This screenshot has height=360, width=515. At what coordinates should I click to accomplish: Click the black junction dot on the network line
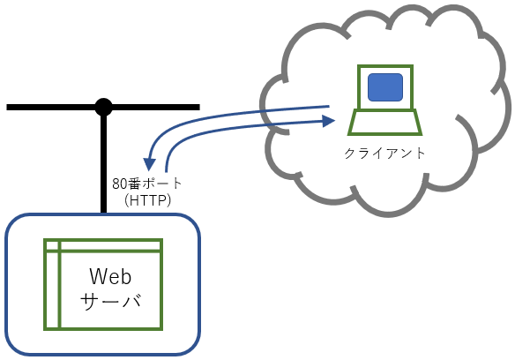coord(103,107)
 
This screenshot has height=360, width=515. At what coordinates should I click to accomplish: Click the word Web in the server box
coord(110,276)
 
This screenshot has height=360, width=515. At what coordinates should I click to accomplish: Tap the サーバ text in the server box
coord(111,302)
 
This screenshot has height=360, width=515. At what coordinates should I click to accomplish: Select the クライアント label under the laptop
coord(384,154)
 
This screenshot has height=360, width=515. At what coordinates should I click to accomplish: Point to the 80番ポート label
coord(146,184)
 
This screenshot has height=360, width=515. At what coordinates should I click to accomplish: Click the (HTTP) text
coord(148,200)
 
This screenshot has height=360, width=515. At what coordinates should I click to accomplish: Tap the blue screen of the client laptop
coord(385,87)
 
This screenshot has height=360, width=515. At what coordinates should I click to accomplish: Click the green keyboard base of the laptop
coord(385,123)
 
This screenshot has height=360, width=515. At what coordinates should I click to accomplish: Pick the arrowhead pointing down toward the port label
coord(149,164)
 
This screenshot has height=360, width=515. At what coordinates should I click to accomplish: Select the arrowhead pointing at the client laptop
coord(328,121)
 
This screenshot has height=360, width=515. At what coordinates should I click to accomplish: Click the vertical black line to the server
coord(103,161)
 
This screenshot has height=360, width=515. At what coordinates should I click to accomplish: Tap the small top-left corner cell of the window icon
coord(52,245)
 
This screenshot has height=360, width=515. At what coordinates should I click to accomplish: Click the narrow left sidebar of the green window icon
coord(52,290)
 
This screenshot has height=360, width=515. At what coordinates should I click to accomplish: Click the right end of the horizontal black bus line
coord(199,107)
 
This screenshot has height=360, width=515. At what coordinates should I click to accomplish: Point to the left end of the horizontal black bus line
coord(8,107)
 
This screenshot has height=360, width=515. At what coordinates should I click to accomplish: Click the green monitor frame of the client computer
coord(385,67)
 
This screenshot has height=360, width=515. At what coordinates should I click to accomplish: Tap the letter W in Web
coord(98,276)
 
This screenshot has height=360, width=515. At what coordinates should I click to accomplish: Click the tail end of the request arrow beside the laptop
coord(329,106)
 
